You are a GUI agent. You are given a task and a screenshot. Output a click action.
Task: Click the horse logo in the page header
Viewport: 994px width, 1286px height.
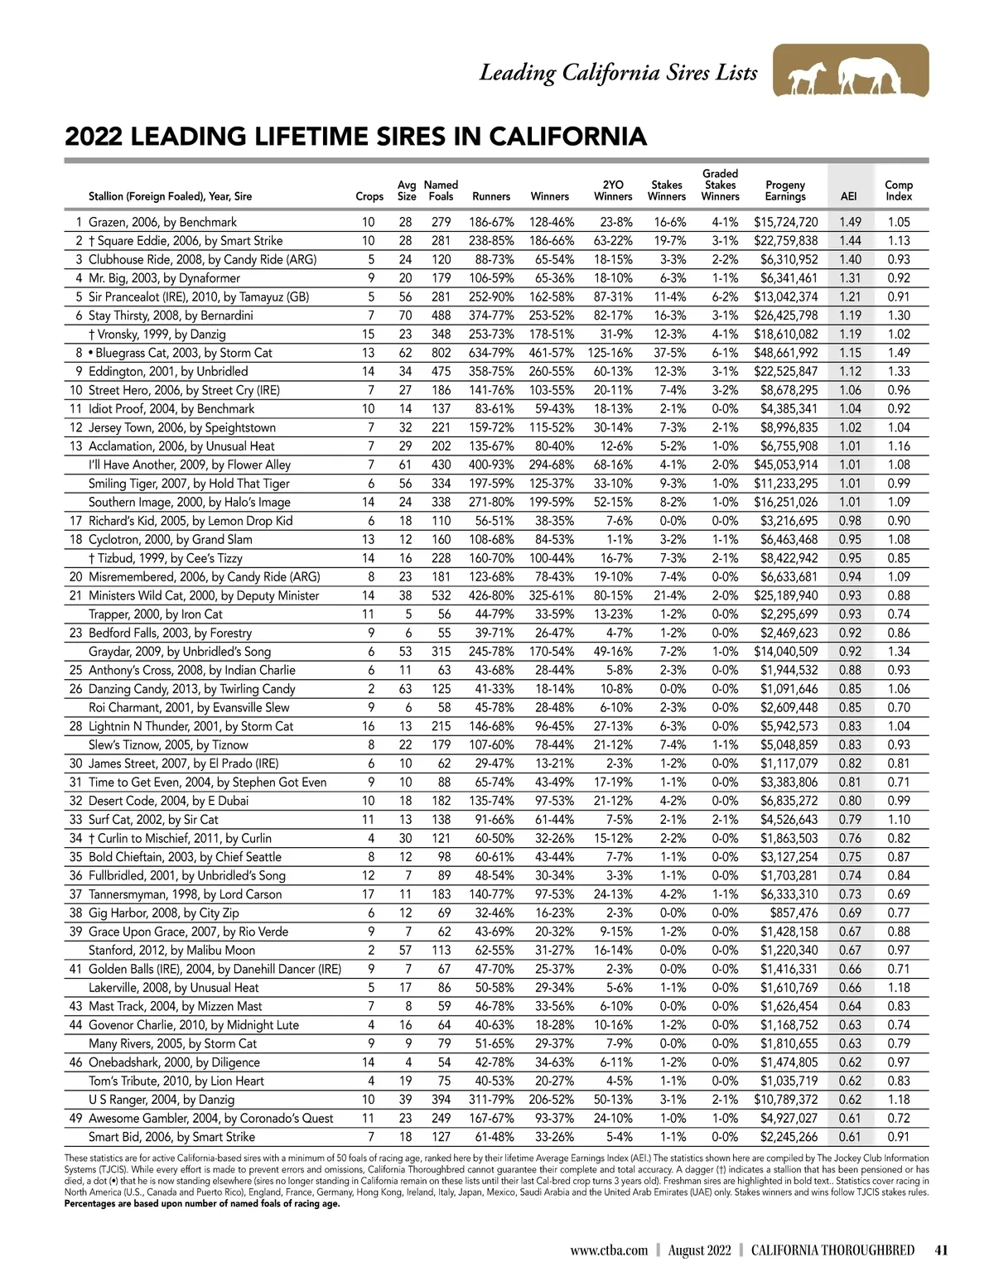[x=851, y=71]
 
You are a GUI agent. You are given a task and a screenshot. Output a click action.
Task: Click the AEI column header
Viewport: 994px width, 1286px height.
[x=848, y=197]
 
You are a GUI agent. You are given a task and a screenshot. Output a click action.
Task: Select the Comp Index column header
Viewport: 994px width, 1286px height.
[x=898, y=190]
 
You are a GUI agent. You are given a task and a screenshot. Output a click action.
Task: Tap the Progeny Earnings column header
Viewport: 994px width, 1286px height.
[x=785, y=190]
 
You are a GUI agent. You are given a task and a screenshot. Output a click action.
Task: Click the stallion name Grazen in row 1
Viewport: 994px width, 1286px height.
[x=108, y=222]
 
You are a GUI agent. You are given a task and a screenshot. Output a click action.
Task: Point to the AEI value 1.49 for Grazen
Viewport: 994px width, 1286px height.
[x=850, y=222]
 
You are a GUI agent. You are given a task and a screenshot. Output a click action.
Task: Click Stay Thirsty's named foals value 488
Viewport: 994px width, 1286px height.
[x=441, y=315]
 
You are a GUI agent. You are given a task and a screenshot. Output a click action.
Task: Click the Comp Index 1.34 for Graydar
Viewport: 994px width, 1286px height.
[x=898, y=652]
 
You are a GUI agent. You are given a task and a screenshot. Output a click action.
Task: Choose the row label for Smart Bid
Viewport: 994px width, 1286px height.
[x=171, y=1137]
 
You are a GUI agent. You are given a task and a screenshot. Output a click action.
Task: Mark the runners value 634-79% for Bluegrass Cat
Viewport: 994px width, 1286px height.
[x=491, y=353]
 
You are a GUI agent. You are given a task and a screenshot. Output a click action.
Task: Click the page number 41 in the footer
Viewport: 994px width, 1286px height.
[x=940, y=1250]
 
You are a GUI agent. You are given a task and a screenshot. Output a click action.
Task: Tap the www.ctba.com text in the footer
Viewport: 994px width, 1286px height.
[x=609, y=1250]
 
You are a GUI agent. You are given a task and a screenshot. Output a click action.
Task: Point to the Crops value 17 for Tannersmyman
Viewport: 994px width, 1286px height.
[x=369, y=894]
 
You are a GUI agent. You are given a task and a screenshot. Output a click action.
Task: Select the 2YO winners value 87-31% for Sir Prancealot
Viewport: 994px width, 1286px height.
[x=612, y=296]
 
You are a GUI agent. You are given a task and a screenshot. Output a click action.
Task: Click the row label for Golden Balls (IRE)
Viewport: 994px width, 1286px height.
[x=215, y=969]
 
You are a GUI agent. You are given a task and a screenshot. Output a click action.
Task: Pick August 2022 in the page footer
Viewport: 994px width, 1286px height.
[x=699, y=1250]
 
